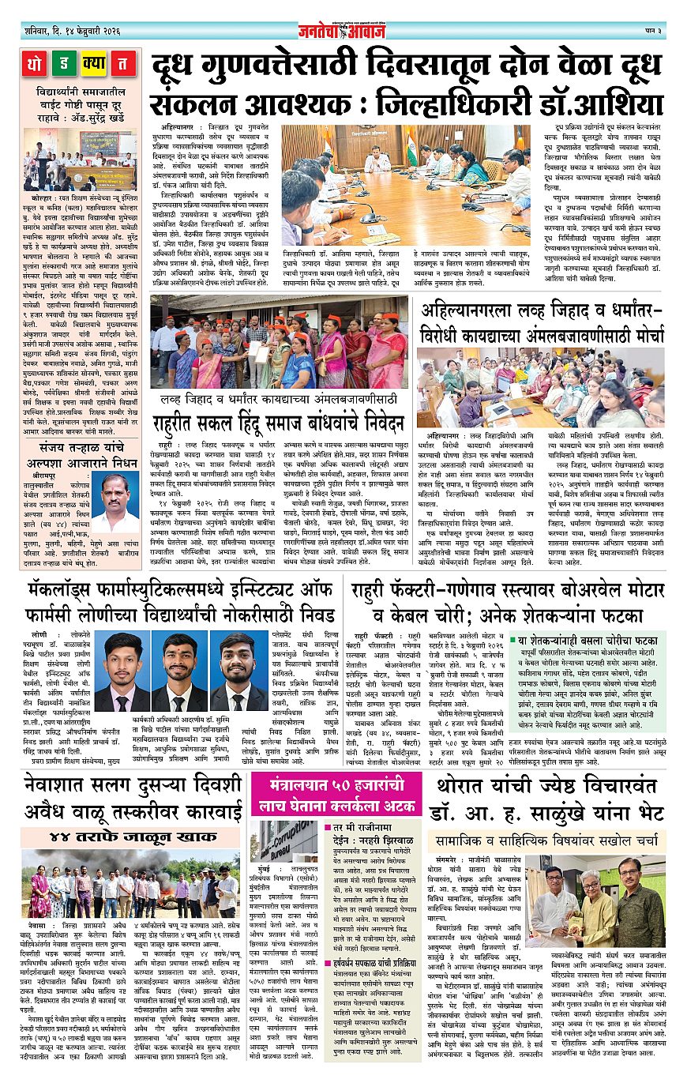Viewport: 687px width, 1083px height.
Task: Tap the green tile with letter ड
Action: [x=66, y=62]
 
